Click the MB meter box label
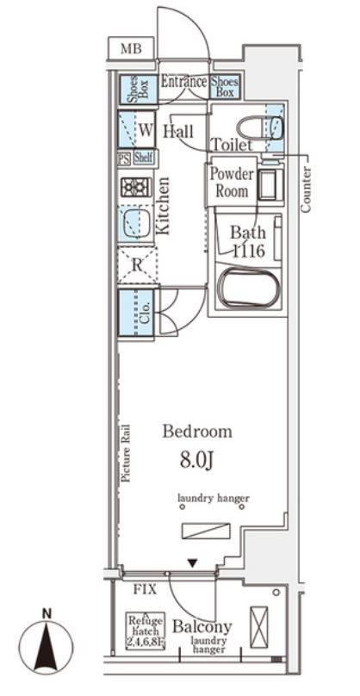point(131,48)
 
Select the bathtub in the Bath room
point(250,288)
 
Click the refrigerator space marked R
point(137,265)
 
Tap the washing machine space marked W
point(136,129)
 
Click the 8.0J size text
point(197,461)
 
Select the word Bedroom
point(197,431)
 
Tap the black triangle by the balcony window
point(192,563)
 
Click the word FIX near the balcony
point(146,589)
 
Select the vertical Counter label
point(306,190)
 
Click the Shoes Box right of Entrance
point(225,86)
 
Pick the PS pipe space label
point(124,158)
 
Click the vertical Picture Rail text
point(126,453)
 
